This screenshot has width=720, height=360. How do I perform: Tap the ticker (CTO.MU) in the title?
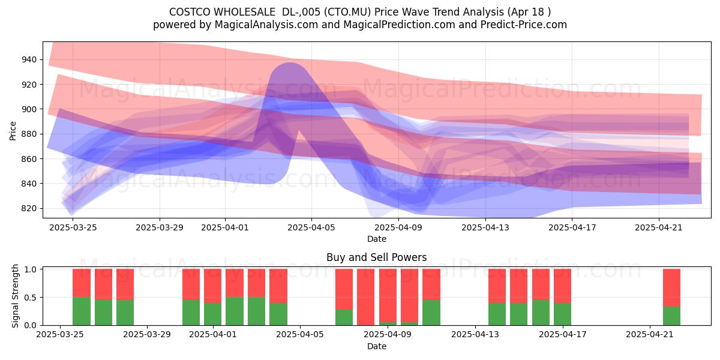coord(347,12)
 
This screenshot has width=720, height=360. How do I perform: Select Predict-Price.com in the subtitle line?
coord(524,25)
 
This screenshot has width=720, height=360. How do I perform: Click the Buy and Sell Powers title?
coord(376,257)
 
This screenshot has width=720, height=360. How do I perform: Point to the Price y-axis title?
coord(13,131)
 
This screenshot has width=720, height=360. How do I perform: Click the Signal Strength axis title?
coord(15,296)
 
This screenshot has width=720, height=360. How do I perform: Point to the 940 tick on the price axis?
coord(29,59)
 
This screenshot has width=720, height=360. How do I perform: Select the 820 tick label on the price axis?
coord(29,208)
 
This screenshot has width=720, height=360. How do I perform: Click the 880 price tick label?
coord(29,134)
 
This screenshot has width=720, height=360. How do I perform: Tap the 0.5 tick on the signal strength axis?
coord(30,298)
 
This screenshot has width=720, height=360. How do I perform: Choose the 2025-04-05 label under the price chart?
coord(311,227)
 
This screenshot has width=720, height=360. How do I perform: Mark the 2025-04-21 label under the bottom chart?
coord(650,334)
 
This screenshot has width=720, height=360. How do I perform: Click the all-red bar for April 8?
coord(366,297)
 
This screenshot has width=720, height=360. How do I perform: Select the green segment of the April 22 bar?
coord(671,316)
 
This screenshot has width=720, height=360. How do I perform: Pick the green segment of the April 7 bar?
coord(344,317)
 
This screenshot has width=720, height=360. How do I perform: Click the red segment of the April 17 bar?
coord(563,286)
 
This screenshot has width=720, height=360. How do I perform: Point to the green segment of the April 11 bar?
coord(431,313)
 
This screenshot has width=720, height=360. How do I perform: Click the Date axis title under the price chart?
coord(377,239)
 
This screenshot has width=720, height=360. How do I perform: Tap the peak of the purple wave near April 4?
coord(290,63)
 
